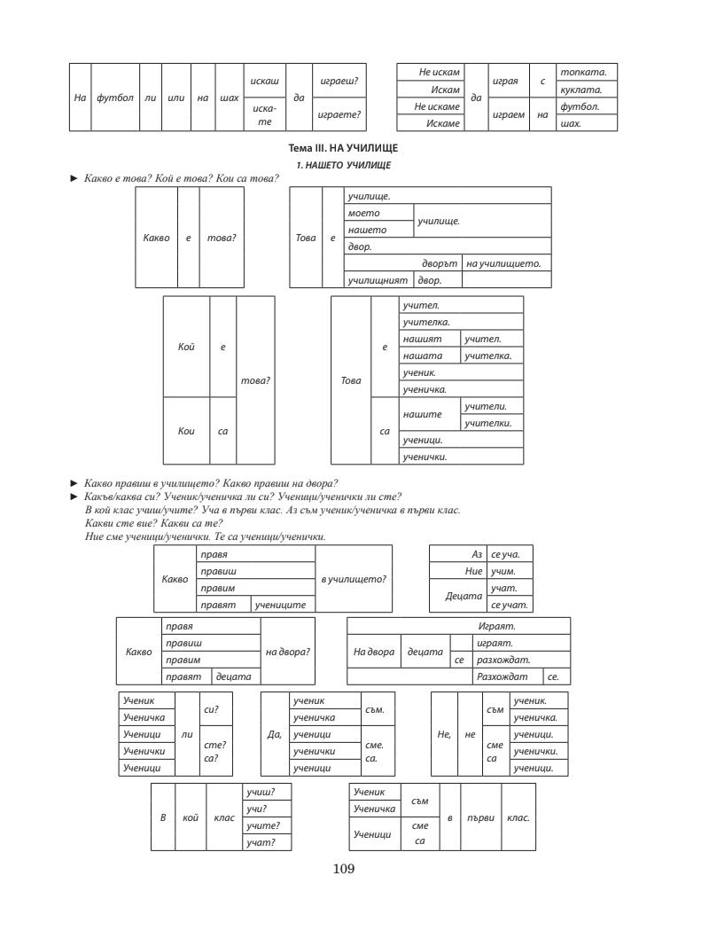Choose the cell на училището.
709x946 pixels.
pos(503,264)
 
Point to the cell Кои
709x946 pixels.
pos(186,431)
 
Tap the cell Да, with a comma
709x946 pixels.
pos(275,734)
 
